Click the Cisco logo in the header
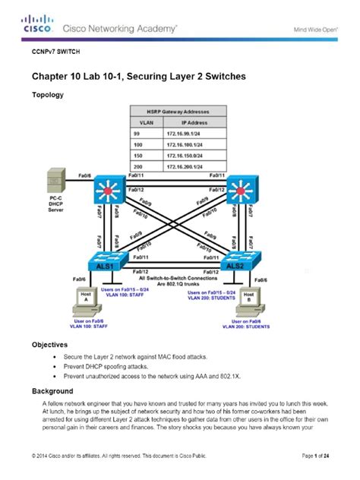[37, 25]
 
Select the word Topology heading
[47, 95]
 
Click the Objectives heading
[49, 344]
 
